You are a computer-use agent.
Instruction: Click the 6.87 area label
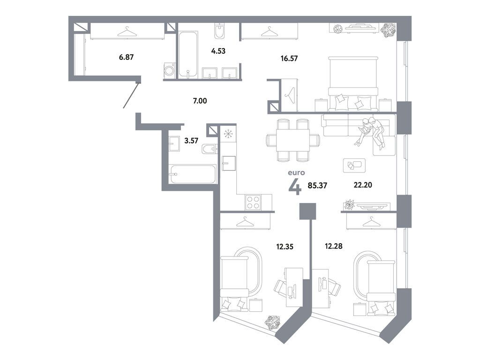(126, 57)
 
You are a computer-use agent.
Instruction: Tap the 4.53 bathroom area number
(218, 51)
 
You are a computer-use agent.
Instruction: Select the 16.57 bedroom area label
(289, 58)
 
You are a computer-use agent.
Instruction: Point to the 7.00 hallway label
(200, 101)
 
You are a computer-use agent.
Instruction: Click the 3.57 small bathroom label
(191, 141)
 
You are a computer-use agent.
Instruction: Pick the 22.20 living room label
(363, 185)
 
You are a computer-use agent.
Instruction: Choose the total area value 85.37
(317, 185)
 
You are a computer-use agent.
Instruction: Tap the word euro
(296, 172)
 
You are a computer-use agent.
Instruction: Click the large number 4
(295, 187)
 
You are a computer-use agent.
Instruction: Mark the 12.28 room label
(334, 246)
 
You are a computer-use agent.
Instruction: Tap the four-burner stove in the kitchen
(253, 202)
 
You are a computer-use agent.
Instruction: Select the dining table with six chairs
(293, 140)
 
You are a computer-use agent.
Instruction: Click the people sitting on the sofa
(371, 132)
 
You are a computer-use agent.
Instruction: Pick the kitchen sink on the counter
(228, 163)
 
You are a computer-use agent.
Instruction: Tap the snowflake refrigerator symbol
(228, 134)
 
